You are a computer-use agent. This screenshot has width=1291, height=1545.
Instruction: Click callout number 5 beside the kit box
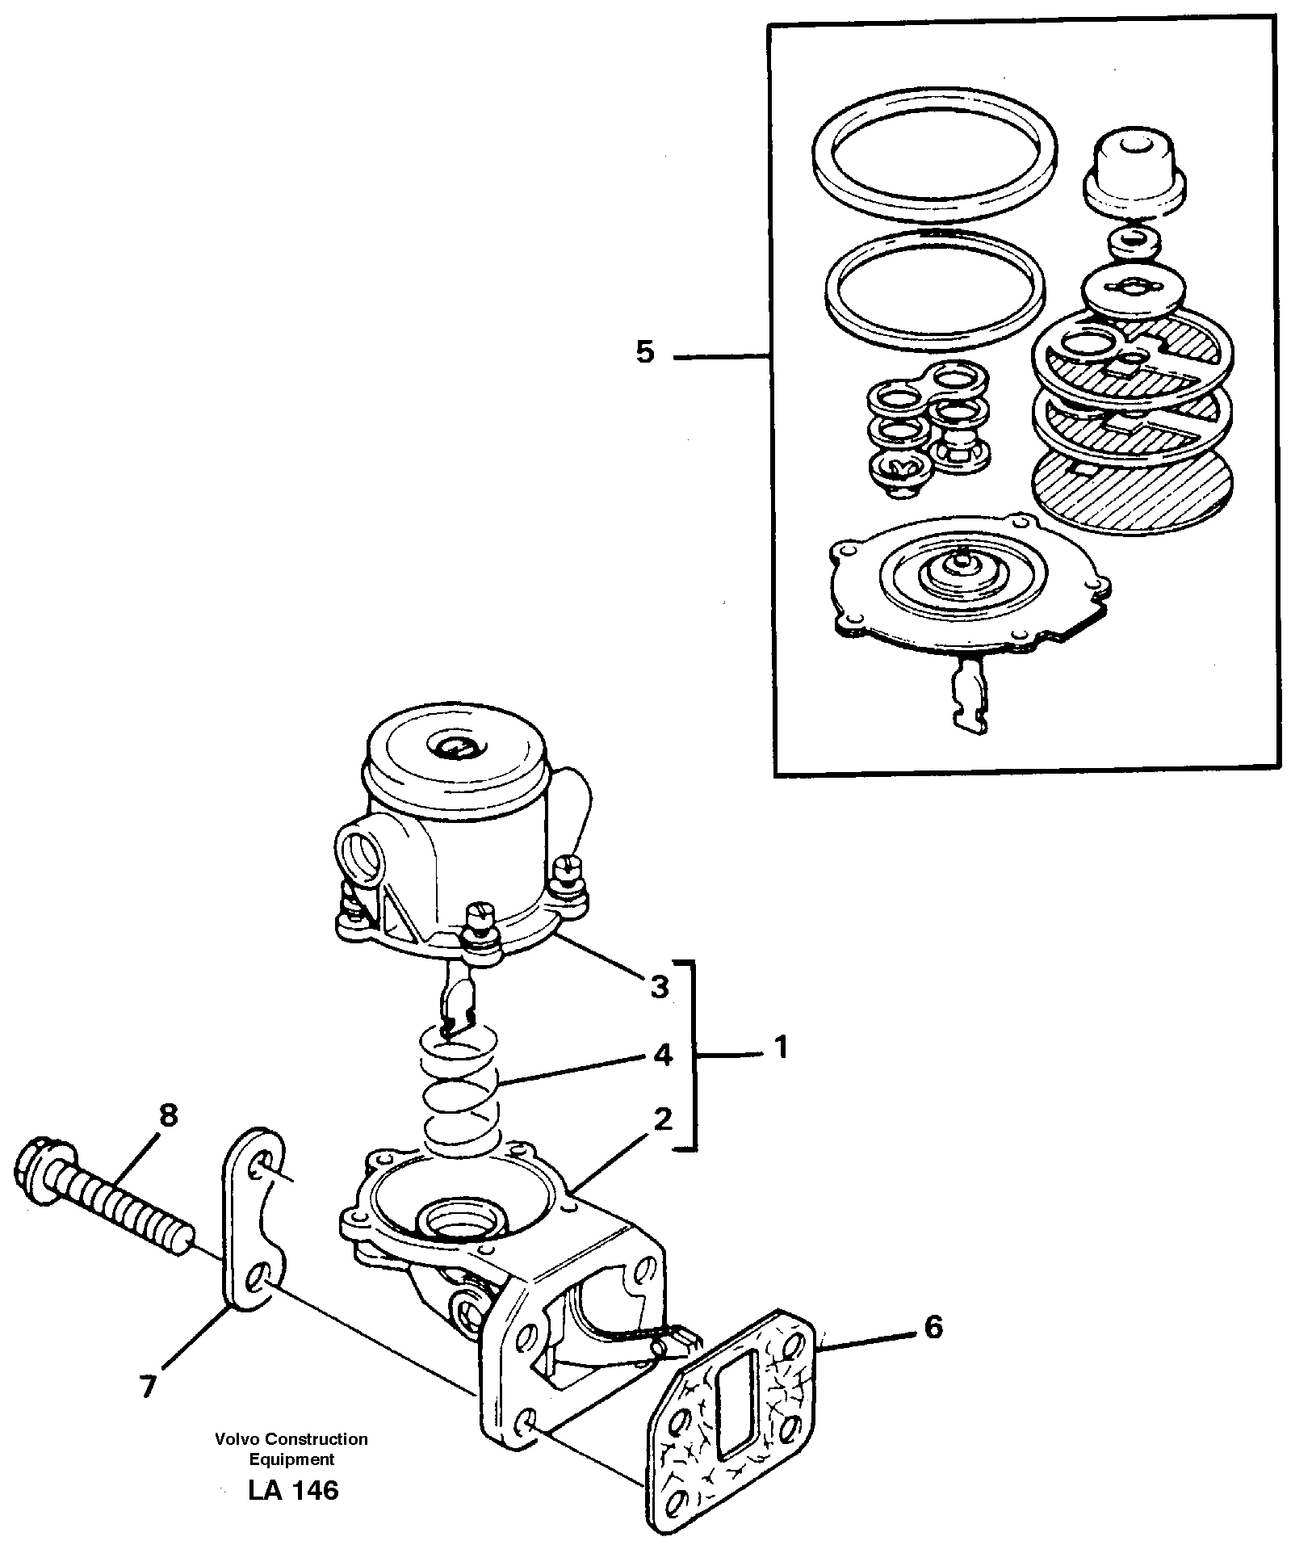point(644,353)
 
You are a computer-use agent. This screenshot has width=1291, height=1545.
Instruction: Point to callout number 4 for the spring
point(662,1055)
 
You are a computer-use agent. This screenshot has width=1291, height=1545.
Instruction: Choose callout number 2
point(662,1119)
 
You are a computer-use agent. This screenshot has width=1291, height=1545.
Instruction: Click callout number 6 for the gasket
point(933,1326)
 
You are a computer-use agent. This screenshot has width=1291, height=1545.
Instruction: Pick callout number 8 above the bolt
point(168,1116)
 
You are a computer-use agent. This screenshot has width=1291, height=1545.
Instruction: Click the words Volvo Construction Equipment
point(291,1449)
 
